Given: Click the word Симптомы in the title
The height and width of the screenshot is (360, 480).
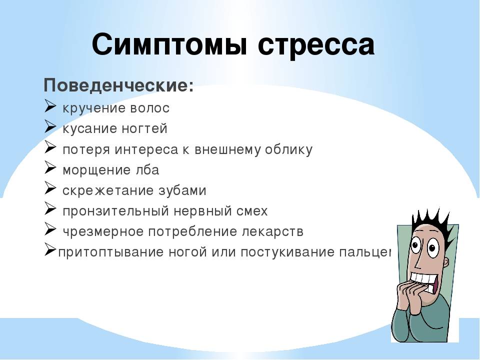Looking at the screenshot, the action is pyautogui.click(x=169, y=44).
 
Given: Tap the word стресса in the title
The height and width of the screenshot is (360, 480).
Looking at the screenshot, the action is pyautogui.click(x=316, y=46).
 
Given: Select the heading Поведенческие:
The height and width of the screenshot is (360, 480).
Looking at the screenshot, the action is pyautogui.click(x=119, y=85).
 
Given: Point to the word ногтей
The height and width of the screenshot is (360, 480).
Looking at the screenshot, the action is pyautogui.click(x=144, y=128).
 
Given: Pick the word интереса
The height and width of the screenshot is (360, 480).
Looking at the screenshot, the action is pyautogui.click(x=146, y=149).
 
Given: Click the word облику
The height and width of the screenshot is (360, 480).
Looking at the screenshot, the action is pyautogui.click(x=288, y=149).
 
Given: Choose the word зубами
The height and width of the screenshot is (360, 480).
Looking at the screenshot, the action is pyautogui.click(x=182, y=190).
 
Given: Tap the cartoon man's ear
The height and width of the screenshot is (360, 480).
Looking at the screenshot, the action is pyautogui.click(x=446, y=263).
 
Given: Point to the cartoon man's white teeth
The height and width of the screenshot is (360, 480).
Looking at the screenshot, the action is pyautogui.click(x=424, y=279).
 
